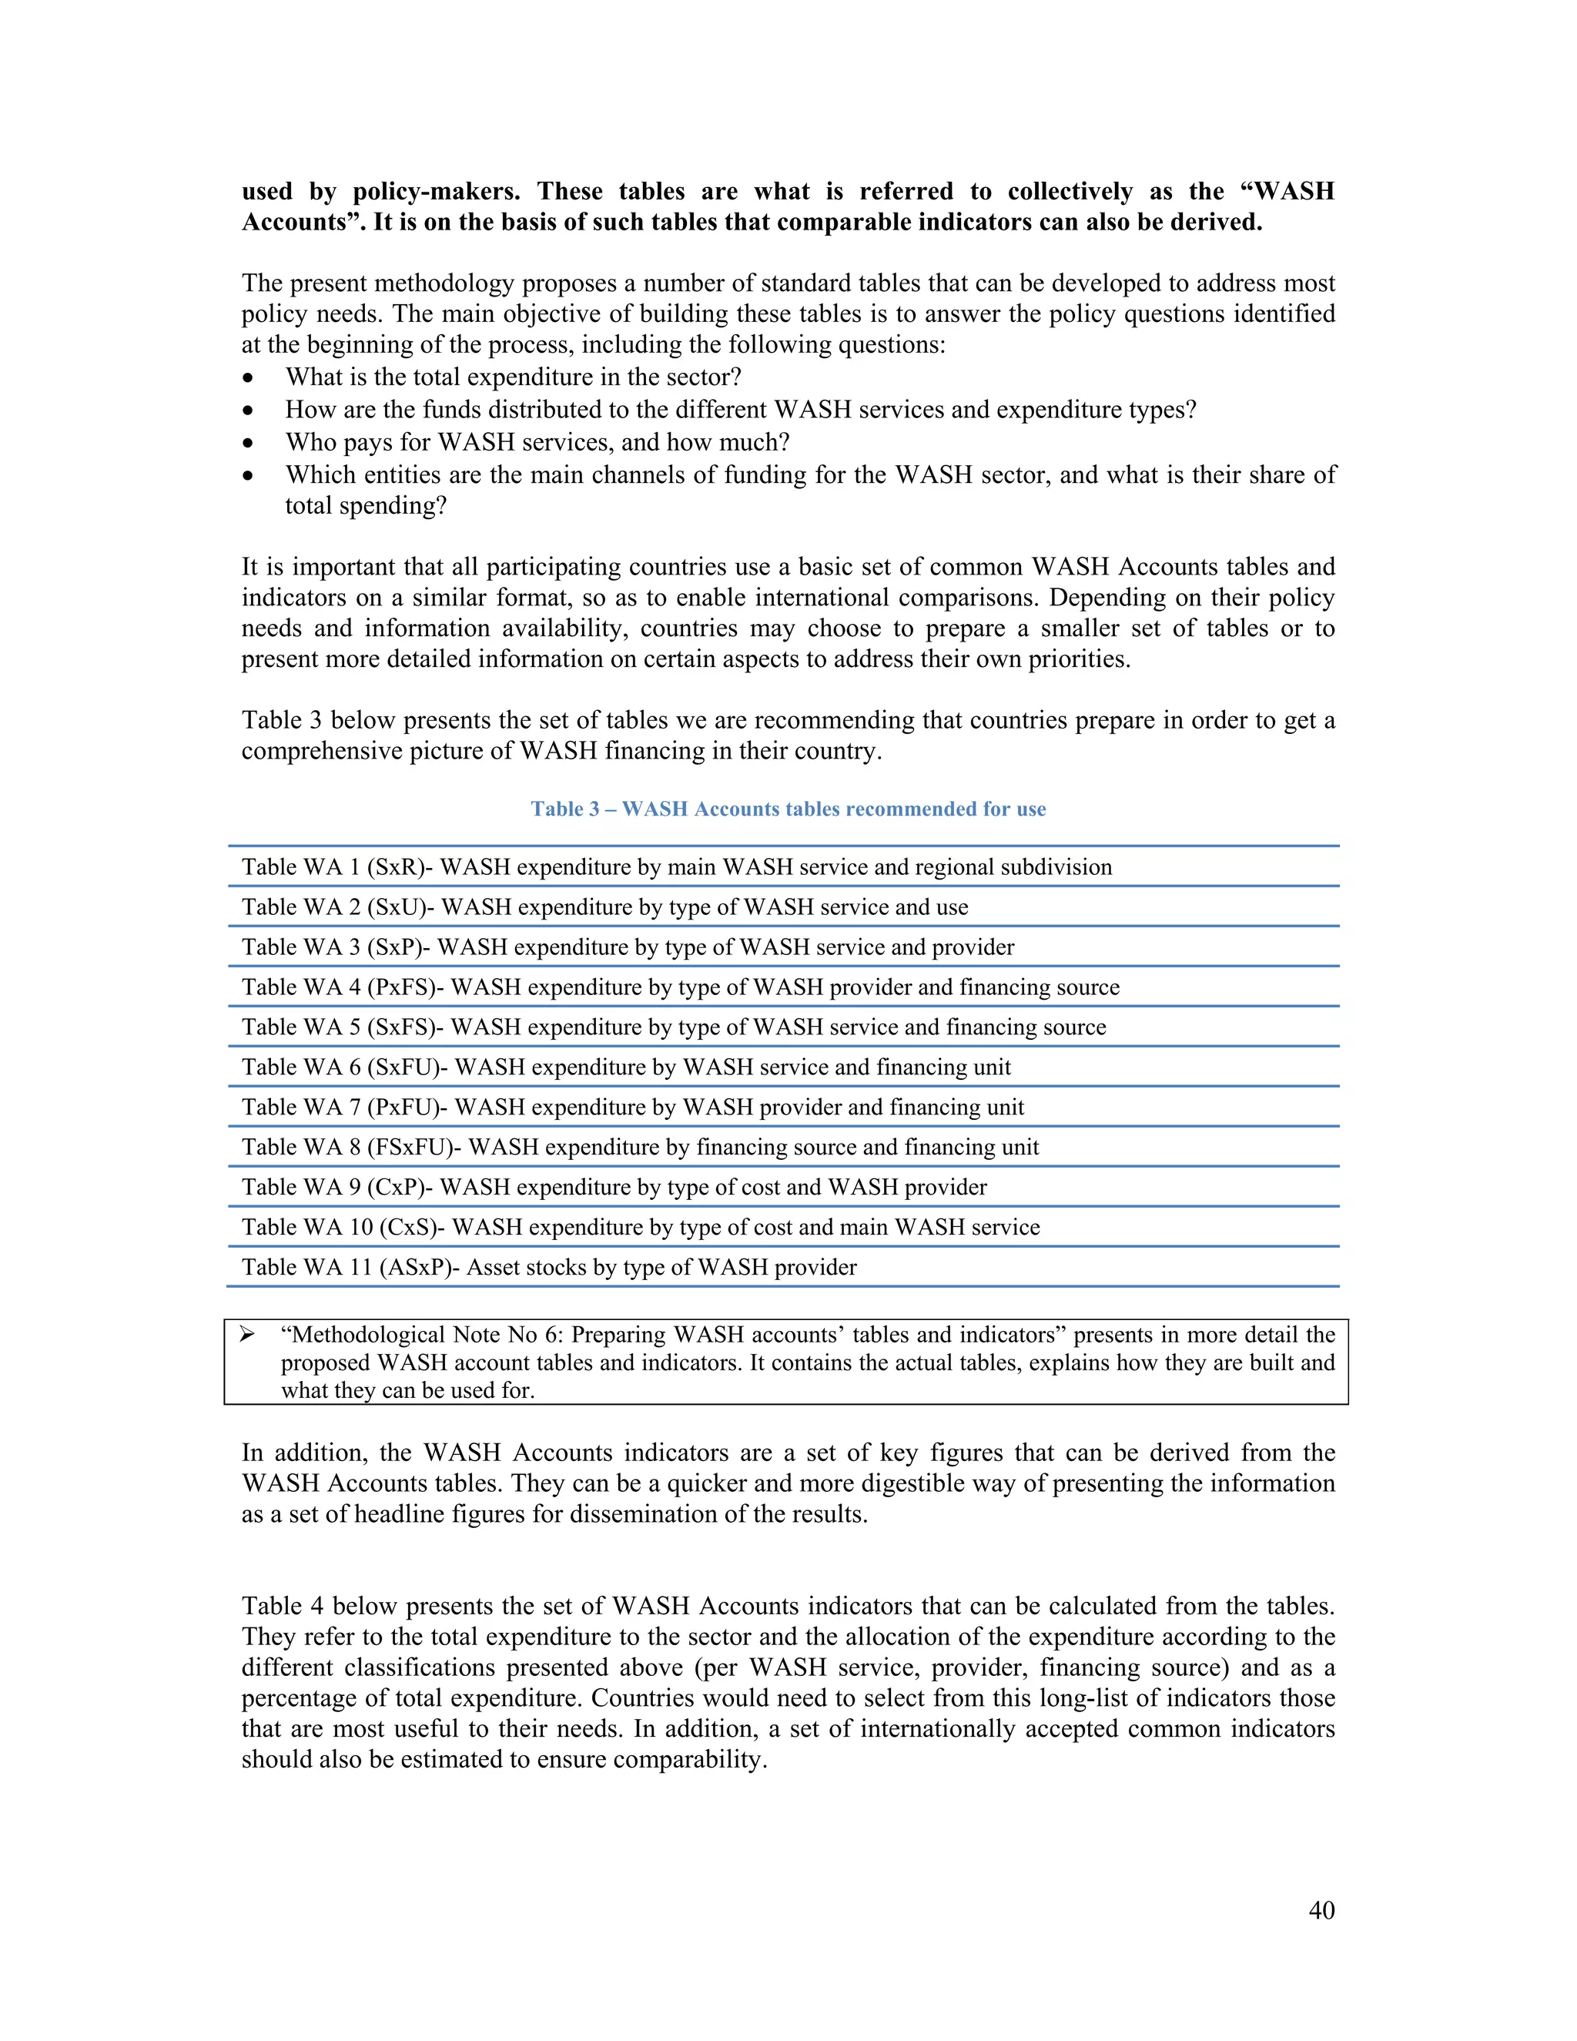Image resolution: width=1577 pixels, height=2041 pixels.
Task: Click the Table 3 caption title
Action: pos(788,809)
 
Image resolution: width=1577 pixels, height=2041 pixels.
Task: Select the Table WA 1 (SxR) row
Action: pos(676,867)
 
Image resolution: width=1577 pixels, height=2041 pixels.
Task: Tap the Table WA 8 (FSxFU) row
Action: pos(640,1147)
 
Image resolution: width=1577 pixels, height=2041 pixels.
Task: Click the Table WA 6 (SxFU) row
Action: pos(626,1067)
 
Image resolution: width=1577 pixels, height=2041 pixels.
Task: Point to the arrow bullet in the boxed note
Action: pos(248,1335)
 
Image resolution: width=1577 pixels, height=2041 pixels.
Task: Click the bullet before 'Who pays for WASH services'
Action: pos(248,443)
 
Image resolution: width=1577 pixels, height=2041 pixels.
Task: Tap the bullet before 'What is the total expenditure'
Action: pos(248,378)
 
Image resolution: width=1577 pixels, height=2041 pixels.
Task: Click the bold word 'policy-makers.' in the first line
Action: pos(435,192)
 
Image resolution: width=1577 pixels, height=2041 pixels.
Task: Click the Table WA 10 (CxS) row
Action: pos(640,1227)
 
